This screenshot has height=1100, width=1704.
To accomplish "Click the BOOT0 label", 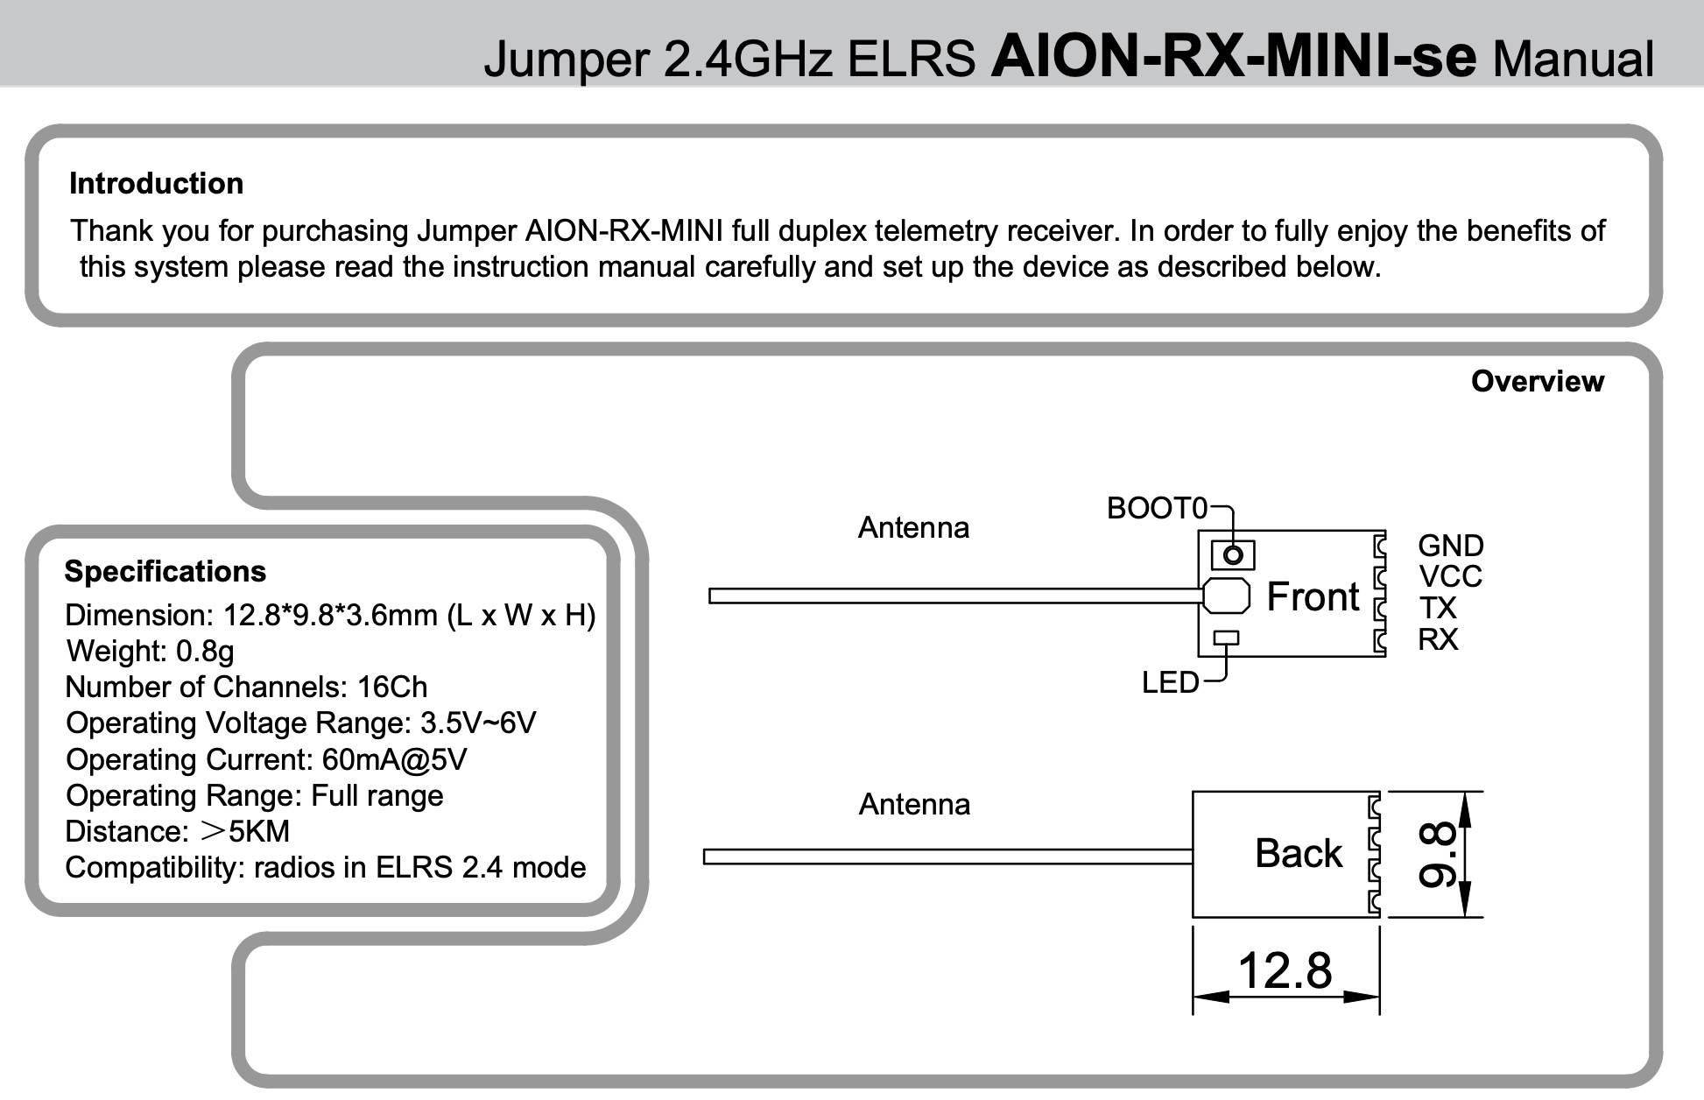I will (x=1156, y=508).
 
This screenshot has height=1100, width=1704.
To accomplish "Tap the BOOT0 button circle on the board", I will (x=1233, y=554).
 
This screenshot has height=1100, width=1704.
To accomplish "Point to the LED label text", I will (x=1170, y=682).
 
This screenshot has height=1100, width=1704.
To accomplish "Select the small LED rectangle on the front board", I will (x=1227, y=638).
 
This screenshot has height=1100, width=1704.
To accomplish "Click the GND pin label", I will (x=1450, y=546).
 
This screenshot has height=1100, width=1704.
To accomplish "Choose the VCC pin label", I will (x=1450, y=577).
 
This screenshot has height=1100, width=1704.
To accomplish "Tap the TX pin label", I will (x=1438, y=608).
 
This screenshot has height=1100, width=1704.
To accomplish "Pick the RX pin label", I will (x=1438, y=639).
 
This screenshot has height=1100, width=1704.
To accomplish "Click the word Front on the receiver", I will (x=1313, y=597).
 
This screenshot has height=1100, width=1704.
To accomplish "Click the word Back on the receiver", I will (x=1298, y=854).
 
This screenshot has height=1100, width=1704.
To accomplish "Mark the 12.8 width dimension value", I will (x=1285, y=970).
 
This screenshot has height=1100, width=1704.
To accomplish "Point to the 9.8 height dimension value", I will (x=1437, y=855).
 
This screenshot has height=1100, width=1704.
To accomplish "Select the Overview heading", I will (x=1537, y=381).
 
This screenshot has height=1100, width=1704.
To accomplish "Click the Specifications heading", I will (x=165, y=571).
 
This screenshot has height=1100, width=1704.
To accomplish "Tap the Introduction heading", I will (x=156, y=184).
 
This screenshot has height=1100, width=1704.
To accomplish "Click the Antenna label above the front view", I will (x=913, y=527).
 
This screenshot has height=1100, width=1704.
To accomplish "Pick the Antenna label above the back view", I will (x=914, y=804).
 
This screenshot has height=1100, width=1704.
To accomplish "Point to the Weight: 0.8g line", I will (x=150, y=651).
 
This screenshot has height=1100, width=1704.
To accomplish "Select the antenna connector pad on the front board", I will (x=1226, y=596).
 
